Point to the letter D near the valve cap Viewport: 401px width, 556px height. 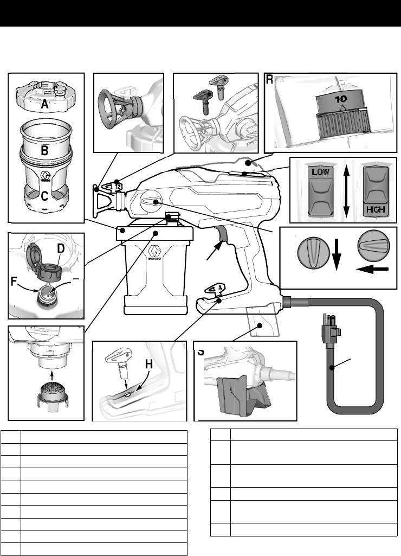(61, 249)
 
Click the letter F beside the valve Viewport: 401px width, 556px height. (15, 282)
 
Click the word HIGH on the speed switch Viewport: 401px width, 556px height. (376, 209)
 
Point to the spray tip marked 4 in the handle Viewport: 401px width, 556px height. (217, 287)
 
